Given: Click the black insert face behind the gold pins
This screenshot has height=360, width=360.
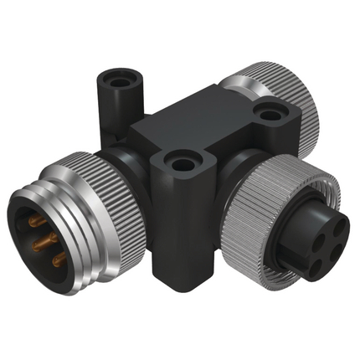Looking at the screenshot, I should (29, 243).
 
